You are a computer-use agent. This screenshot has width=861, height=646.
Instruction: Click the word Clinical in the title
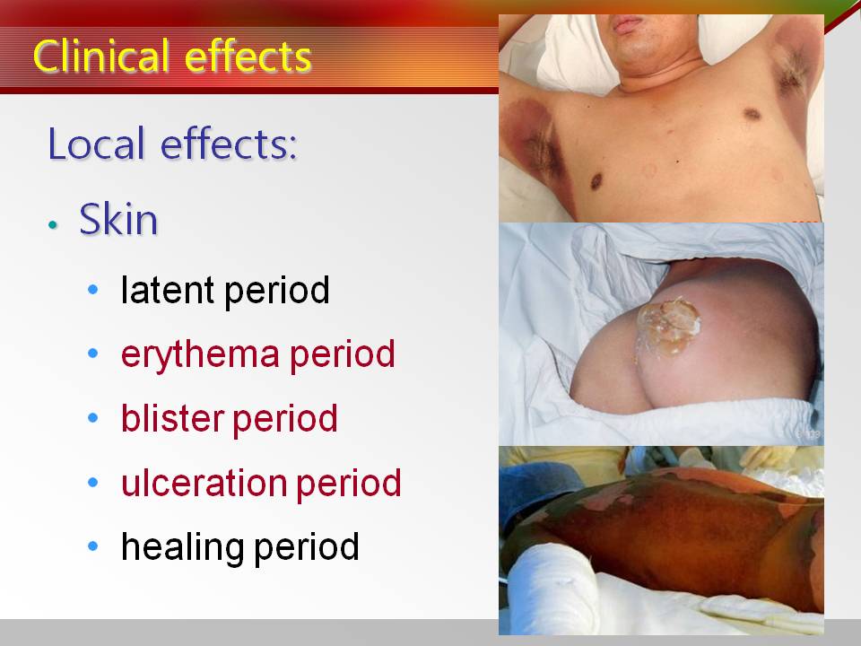100,56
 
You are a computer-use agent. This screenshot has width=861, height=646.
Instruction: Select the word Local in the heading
98,144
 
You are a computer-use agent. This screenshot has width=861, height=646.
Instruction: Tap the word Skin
118,219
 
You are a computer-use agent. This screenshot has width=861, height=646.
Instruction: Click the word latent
167,290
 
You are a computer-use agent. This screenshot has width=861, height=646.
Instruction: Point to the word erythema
200,354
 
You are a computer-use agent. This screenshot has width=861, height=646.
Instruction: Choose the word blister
173,417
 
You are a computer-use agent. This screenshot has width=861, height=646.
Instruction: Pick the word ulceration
204,483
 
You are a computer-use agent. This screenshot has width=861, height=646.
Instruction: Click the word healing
183,547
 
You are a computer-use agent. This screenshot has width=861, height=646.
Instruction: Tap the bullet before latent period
92,289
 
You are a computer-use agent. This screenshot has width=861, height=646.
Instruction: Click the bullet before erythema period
92,354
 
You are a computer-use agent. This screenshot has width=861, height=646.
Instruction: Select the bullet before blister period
92,417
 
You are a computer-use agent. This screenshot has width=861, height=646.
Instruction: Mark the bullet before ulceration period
92,483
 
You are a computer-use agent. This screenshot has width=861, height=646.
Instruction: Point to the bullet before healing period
92,546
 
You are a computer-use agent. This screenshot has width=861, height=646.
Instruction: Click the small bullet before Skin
53,224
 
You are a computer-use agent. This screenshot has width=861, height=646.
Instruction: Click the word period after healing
307,547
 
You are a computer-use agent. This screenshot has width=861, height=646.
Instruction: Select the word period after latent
277,291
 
